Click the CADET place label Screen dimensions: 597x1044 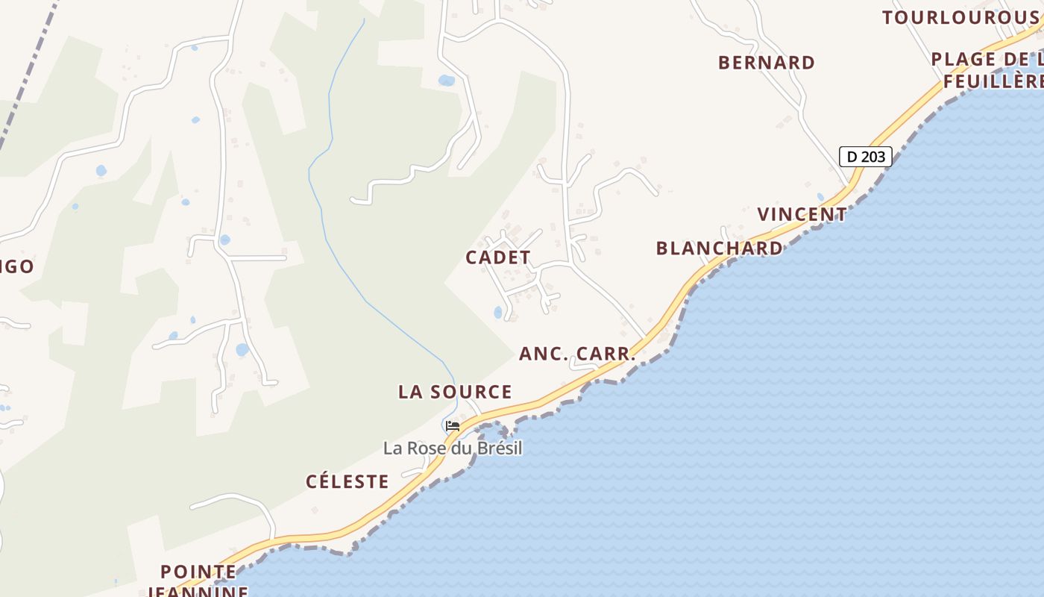click(x=498, y=257)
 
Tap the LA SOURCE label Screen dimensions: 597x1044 click(x=455, y=392)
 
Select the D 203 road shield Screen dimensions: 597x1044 click(x=865, y=157)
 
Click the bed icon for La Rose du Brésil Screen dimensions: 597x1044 click(x=452, y=427)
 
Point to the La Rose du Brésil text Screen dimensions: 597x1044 click(x=453, y=448)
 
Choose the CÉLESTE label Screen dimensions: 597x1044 click(x=348, y=482)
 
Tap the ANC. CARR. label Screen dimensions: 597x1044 click(x=577, y=354)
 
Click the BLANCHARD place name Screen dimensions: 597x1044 click(x=720, y=249)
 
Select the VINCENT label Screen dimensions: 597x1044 click(x=802, y=215)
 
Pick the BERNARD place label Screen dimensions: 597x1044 click(x=767, y=63)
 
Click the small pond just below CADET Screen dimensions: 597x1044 click(x=498, y=313)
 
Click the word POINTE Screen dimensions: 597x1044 click(x=198, y=572)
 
